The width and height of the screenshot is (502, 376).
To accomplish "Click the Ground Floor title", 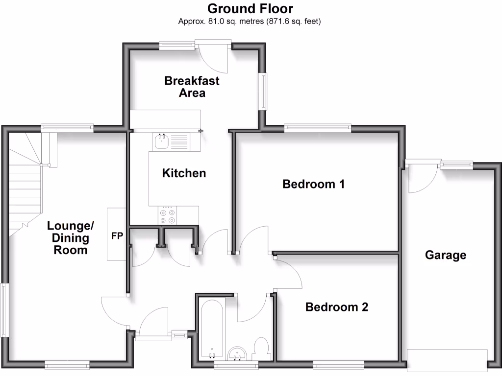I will pyautogui.click(x=251, y=8).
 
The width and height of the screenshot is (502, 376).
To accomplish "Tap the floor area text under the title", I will pyautogui.click(x=251, y=22).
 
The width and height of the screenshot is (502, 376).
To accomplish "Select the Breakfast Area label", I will pyautogui.click(x=192, y=87).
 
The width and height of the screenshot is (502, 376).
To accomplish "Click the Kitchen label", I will pyautogui.click(x=184, y=173).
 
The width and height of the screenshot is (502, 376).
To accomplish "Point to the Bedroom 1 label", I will pyautogui.click(x=314, y=184).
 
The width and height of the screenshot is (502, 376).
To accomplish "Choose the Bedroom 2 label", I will pyautogui.click(x=337, y=307).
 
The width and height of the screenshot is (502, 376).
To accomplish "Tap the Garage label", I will pyautogui.click(x=446, y=255).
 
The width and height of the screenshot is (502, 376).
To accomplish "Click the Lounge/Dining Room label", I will pyautogui.click(x=71, y=238).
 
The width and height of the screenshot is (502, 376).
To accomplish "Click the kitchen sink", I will pyautogui.click(x=162, y=142).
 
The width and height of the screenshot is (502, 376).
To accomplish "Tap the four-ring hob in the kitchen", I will pyautogui.click(x=167, y=216).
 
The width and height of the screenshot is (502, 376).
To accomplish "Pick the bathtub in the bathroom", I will pyautogui.click(x=212, y=328).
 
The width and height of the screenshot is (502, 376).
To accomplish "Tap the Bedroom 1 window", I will pyautogui.click(x=318, y=128).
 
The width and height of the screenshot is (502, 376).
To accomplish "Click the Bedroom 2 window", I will pyautogui.click(x=338, y=364).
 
